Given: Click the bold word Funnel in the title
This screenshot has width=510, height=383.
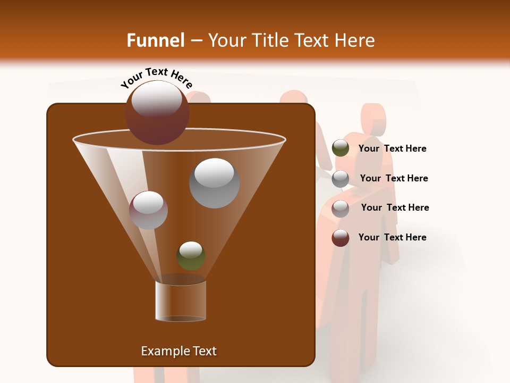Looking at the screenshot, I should [x=155, y=40].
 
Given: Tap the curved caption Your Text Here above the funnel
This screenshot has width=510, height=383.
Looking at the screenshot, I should [x=156, y=78].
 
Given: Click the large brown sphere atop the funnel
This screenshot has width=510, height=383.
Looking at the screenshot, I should [x=157, y=113].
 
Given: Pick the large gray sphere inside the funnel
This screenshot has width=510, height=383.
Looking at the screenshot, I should [x=214, y=183].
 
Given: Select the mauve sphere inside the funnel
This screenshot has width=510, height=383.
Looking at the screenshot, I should [x=148, y=210].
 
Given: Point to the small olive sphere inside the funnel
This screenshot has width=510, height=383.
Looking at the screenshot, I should [x=191, y=255].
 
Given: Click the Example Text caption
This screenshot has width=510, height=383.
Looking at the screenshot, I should [x=178, y=351].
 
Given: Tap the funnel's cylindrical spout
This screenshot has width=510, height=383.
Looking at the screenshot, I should [x=181, y=301].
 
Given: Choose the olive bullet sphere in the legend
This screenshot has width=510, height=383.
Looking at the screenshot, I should [x=340, y=148].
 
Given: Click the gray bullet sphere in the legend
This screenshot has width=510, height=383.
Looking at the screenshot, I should [x=340, y=179].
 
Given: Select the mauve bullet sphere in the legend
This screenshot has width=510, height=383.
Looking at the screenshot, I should [x=340, y=209].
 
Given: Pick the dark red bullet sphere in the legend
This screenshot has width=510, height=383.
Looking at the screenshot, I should [x=340, y=238].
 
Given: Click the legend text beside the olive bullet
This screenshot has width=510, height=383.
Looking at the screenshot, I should [x=392, y=148].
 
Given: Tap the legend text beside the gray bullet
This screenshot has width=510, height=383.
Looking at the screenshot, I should [x=394, y=178].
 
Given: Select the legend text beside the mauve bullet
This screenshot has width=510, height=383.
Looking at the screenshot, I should [x=395, y=207].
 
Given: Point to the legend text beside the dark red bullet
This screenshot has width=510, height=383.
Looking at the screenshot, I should [x=392, y=237].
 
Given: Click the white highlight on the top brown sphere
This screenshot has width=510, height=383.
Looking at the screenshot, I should [x=156, y=99].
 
